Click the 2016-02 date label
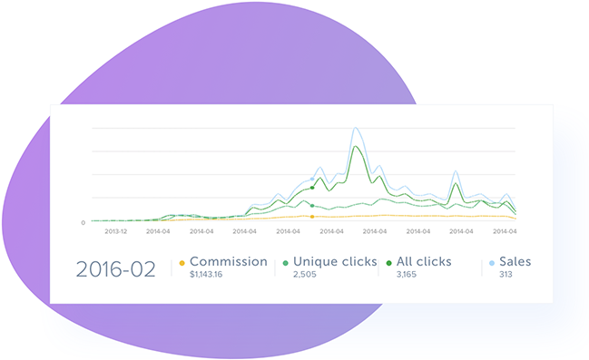(115, 268)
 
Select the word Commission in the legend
(228, 261)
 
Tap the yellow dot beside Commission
(182, 263)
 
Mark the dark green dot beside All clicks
(388, 263)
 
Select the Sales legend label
(515, 261)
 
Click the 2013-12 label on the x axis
(115, 231)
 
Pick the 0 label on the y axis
(83, 222)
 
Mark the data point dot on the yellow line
(312, 217)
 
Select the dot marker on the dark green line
(312, 188)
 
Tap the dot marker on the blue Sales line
(312, 179)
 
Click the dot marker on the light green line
(312, 206)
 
